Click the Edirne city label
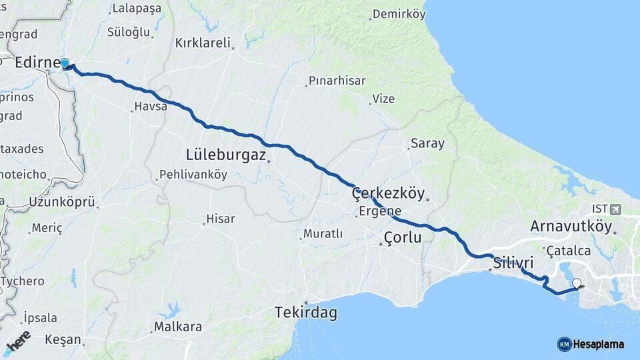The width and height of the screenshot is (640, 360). click(37, 62)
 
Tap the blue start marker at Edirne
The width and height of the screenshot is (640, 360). click(65, 64)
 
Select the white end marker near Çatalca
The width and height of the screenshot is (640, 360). click(577, 283)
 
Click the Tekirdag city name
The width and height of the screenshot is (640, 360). click(306, 312)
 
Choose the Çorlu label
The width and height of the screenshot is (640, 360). click(403, 237)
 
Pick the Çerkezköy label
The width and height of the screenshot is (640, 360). click(388, 193)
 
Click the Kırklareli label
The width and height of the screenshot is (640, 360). click(203, 43)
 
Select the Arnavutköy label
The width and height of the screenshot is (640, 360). click(571, 226)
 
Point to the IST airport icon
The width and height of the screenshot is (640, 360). click(614, 209)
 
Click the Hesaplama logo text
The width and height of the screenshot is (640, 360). click(599, 344)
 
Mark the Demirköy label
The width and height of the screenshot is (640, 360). click(399, 14)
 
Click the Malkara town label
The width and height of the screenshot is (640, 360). click(177, 327)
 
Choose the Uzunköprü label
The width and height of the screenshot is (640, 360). click(63, 202)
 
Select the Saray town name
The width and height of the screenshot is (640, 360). click(427, 143)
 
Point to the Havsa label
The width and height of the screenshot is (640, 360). click(150, 106)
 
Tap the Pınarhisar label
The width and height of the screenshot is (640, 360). click(336, 81)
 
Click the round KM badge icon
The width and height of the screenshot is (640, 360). click(565, 344)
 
